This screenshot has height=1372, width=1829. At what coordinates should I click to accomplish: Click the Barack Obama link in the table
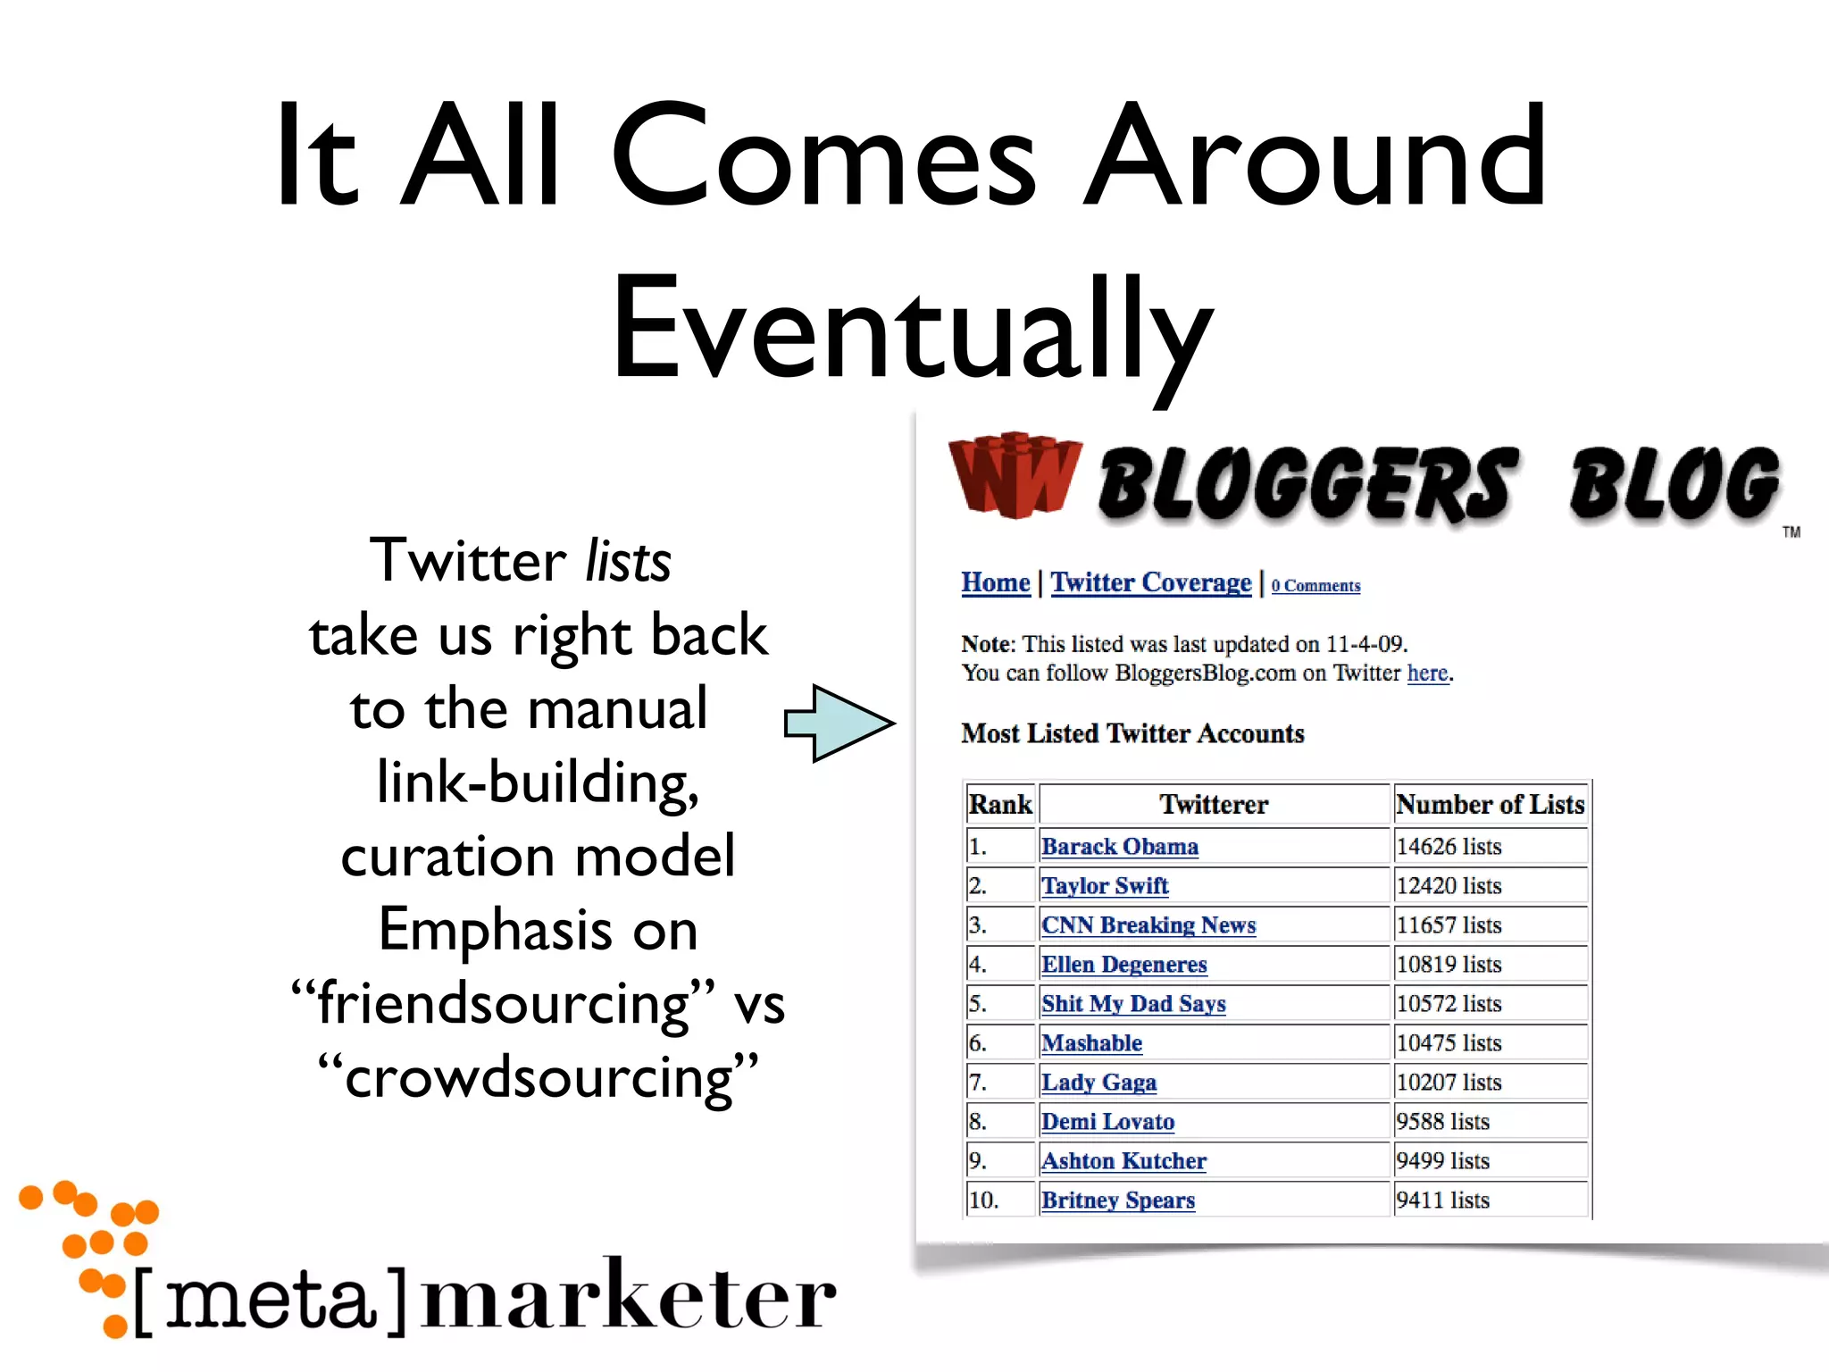(x=1119, y=846)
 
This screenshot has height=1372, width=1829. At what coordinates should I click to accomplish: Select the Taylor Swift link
(x=1105, y=885)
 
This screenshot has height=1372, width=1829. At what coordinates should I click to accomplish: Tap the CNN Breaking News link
(x=1148, y=924)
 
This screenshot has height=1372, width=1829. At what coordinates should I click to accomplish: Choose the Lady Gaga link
(x=1098, y=1082)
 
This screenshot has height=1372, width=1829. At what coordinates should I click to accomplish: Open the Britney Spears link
(x=1118, y=1200)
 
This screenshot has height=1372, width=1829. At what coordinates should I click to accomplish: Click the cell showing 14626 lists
(x=1449, y=846)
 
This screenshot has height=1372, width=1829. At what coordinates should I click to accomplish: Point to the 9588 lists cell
(x=1442, y=1121)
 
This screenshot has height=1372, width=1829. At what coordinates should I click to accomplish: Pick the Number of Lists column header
(x=1490, y=804)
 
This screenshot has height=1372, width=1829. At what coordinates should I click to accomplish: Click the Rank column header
(x=1000, y=804)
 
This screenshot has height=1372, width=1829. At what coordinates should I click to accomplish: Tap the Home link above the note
(x=995, y=582)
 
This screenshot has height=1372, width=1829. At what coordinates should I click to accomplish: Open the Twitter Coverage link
(x=1150, y=582)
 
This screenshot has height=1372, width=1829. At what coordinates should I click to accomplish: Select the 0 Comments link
(x=1315, y=586)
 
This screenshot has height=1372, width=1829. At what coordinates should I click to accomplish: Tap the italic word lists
(x=627, y=562)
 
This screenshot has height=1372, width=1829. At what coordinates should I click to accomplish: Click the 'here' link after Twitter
(x=1427, y=673)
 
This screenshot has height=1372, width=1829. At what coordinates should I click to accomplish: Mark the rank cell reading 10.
(x=984, y=1200)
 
